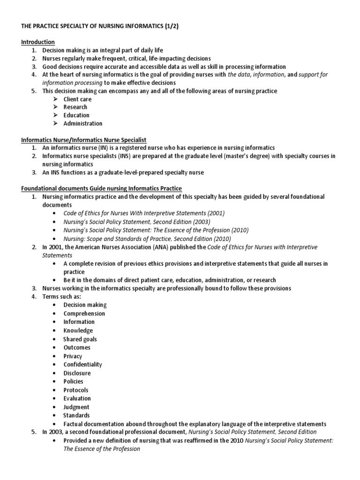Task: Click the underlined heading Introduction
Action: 38,42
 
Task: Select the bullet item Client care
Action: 77,99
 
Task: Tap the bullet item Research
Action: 75,107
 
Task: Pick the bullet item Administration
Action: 83,123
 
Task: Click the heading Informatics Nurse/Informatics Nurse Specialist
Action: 84,140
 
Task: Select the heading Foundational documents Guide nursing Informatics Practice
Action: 102,188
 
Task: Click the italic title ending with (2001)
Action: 144,213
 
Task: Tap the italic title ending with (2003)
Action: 137,221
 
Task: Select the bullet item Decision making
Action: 85,305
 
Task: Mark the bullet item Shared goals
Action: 80,339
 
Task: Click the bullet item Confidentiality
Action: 82,364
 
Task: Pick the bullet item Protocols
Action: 76,390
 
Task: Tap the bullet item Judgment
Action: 76,407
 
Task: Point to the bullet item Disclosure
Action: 77,373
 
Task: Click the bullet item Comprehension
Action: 84,313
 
